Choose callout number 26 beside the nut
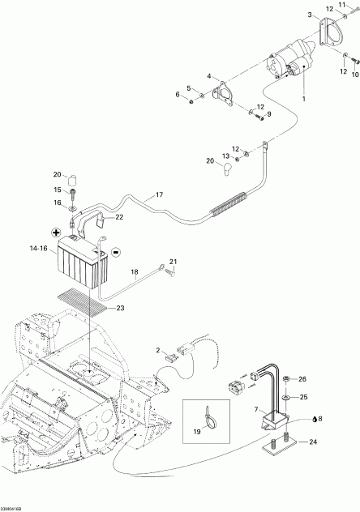click(302, 379)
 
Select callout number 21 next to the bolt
click(173, 261)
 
